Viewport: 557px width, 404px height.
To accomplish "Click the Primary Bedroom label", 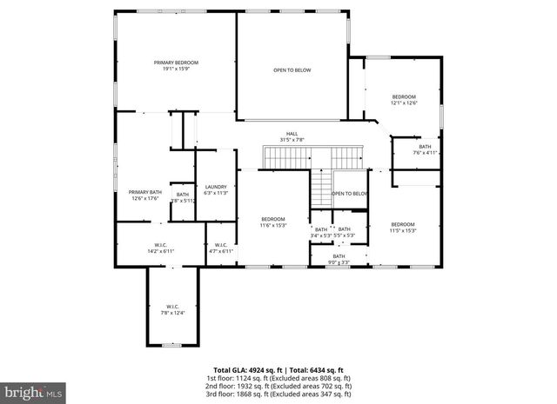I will click(x=177, y=66).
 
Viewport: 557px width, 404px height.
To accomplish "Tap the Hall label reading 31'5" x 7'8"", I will click(x=292, y=136).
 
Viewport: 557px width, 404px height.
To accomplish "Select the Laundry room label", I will click(x=216, y=189).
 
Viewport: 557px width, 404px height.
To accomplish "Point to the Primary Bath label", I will click(x=145, y=195).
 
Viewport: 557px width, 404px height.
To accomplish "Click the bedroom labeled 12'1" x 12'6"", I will click(x=404, y=99).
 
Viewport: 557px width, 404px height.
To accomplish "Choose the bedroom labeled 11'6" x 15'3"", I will click(x=273, y=222).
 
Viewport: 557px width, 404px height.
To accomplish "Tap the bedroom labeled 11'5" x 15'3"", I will click(x=403, y=227).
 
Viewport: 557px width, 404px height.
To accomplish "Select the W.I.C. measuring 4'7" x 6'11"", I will click(x=220, y=248).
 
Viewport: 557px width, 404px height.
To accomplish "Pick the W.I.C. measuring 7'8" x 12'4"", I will click(x=172, y=309).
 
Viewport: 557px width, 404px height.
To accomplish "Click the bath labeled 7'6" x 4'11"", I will click(x=425, y=149).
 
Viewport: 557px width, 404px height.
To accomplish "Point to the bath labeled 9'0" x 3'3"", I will click(x=339, y=258).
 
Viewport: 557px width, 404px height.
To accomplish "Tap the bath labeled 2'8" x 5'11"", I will click(x=182, y=197).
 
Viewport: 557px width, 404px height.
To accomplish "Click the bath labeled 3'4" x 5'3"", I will click(x=321, y=232).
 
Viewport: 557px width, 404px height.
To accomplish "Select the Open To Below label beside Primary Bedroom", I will click(x=292, y=70).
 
